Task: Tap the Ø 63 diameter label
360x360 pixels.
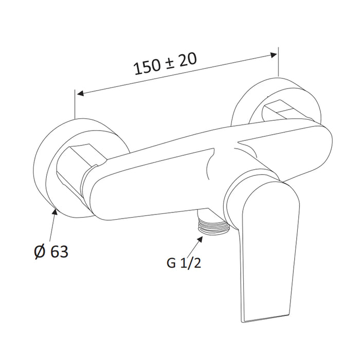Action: [x=50, y=251]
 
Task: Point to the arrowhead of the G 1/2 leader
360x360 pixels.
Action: [x=201, y=237]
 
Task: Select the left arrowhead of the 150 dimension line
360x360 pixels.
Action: [x=79, y=94]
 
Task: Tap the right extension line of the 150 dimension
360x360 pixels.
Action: [x=278, y=64]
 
